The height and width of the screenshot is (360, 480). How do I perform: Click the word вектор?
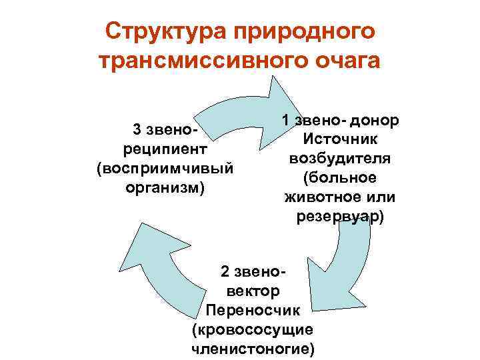253,291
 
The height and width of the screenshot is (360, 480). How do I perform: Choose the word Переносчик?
253,310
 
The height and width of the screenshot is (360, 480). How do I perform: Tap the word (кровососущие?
253,329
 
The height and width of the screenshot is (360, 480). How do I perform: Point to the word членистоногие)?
253,349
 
